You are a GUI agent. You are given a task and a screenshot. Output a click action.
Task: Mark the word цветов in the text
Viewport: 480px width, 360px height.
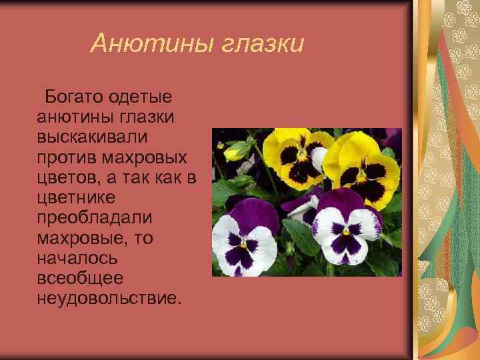click(67, 177)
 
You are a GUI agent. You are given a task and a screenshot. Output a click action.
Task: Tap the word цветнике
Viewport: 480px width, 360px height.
click(77, 197)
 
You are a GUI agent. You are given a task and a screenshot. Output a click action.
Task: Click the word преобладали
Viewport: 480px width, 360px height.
click(95, 217)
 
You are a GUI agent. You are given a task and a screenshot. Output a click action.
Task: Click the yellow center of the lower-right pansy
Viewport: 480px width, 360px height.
click(346, 231)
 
